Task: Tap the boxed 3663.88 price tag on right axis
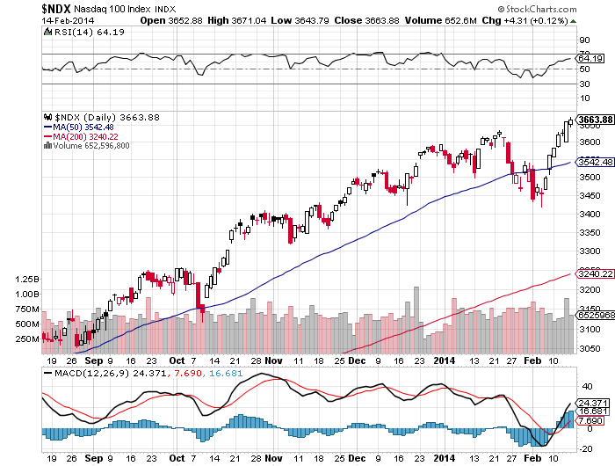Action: point(595,120)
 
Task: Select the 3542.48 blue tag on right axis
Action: point(595,162)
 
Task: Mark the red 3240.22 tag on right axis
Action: point(595,273)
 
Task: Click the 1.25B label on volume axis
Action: point(27,279)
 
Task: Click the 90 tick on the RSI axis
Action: point(582,40)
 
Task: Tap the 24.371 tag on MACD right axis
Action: point(593,403)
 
